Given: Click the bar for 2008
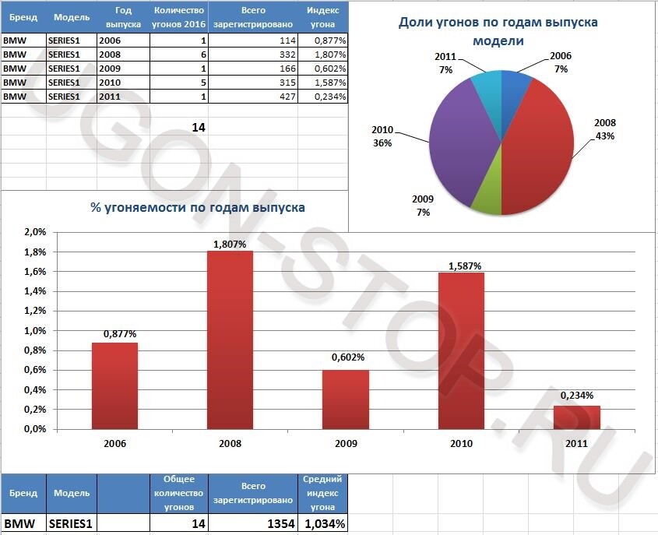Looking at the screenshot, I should (230, 340).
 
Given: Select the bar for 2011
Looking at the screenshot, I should (577, 417).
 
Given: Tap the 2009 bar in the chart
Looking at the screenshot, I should (346, 399).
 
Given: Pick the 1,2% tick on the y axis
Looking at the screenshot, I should (36, 311).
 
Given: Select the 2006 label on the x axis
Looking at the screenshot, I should (114, 444).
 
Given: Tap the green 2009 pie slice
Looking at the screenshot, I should (486, 194).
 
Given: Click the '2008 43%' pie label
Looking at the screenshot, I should (604, 129).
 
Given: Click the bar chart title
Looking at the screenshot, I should (198, 207).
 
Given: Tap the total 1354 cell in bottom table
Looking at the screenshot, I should (254, 524).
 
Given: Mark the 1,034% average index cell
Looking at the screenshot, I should (323, 524).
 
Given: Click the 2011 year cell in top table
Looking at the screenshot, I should (121, 96).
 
